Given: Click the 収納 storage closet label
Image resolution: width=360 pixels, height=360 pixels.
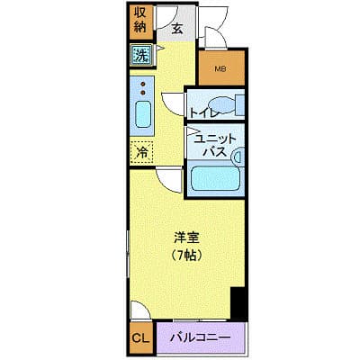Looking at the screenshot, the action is click(139, 20).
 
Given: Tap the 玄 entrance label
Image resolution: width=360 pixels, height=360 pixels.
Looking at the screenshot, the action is click(177, 29).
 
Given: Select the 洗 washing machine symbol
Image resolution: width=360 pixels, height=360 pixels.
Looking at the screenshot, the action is click(141, 55).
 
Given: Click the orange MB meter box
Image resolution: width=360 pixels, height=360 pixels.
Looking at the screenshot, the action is click(221, 68).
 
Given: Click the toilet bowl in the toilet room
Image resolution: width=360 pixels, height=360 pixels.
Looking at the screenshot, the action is click(222, 105).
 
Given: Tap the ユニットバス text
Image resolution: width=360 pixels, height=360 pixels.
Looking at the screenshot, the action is click(214, 146).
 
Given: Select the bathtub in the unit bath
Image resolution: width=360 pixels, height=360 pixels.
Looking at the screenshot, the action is click(215, 178).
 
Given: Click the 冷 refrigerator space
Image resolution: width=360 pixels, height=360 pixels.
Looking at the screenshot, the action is click(142, 152).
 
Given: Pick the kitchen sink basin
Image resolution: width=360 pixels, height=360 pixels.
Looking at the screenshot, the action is click(142, 114).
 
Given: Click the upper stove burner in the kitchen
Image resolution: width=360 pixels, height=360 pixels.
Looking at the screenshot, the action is click(143, 84).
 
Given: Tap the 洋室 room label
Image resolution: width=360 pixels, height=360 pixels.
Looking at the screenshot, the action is click(186, 238).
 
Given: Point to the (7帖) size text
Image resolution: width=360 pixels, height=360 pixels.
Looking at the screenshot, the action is click(186, 256).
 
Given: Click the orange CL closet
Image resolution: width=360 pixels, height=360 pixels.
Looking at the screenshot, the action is click(140, 338).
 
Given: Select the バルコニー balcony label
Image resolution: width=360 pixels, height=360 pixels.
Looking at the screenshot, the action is click(201, 338).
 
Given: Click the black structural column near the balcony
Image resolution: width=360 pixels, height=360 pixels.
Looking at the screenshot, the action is click(238, 303).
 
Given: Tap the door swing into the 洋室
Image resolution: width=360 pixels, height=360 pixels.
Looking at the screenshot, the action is click(169, 180).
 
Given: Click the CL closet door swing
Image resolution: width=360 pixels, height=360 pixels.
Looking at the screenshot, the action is click(140, 310).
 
